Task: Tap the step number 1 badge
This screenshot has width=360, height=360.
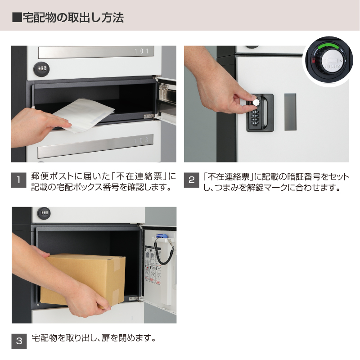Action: [x=18, y=180]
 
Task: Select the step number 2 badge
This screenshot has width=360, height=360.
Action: [x=192, y=180]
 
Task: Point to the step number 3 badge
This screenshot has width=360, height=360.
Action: [x=19, y=341]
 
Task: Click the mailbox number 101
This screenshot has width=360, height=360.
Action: [x=142, y=51]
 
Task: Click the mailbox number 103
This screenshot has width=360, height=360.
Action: [x=141, y=140]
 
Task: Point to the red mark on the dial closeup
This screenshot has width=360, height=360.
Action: [x=313, y=60]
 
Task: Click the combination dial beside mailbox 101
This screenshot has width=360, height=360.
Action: [x=41, y=69]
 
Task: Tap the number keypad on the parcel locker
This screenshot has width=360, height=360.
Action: [x=255, y=117]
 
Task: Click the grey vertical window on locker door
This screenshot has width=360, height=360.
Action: [x=290, y=112]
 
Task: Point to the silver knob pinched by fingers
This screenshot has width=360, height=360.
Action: [x=256, y=102]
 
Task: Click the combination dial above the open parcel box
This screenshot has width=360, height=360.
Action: [x=44, y=213]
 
